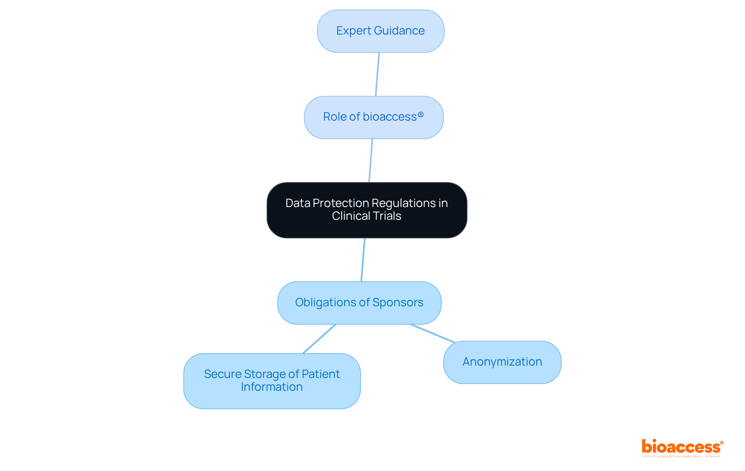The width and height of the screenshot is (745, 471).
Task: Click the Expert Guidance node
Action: [380, 31]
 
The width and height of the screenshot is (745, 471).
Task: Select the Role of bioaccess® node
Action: [373, 117]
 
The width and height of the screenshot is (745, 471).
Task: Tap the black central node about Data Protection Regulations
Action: [367, 210]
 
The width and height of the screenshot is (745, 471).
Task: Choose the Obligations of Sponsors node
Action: [359, 302]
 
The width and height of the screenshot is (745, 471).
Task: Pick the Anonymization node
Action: [502, 362]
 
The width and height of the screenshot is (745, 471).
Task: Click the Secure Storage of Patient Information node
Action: [272, 381]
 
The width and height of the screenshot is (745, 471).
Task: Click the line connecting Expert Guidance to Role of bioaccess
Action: [377, 74]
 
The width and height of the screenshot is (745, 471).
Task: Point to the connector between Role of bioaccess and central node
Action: [371, 160]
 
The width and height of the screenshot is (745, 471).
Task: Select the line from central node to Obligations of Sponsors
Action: [363, 260]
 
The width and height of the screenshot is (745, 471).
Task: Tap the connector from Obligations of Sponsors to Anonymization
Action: [433, 333]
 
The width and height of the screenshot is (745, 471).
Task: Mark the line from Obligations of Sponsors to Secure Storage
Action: [319, 339]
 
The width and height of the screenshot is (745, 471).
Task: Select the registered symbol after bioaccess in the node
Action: [421, 115]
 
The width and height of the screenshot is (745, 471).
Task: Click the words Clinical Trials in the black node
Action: [366, 216]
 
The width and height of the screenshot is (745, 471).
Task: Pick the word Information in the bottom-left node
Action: [272, 387]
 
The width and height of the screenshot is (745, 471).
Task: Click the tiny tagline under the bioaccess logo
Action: [681, 456]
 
